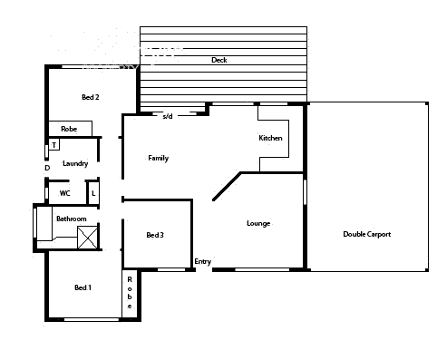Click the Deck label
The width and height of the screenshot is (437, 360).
(218, 61)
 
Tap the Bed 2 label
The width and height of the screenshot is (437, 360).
(91, 97)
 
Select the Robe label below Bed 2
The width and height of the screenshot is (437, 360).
(68, 129)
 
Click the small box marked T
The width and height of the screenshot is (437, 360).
(54, 145)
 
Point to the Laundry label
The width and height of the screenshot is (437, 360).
(75, 164)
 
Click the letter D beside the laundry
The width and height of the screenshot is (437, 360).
(46, 168)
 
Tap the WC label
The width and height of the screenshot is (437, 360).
(65, 193)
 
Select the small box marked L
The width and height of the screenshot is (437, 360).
(93, 193)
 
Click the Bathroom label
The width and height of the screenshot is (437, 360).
(71, 219)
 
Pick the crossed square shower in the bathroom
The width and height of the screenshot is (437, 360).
(89, 238)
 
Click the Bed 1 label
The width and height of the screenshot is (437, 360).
(83, 287)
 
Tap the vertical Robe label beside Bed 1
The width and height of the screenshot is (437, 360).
(131, 292)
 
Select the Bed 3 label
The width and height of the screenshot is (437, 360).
(155, 236)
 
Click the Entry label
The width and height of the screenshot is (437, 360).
(202, 262)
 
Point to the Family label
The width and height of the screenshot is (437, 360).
(159, 158)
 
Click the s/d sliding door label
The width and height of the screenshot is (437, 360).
(167, 116)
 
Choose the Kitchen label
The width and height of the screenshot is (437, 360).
(271, 138)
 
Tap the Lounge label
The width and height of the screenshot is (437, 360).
(258, 223)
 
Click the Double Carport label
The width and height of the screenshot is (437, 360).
(367, 235)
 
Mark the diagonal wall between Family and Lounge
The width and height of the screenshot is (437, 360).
(227, 187)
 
